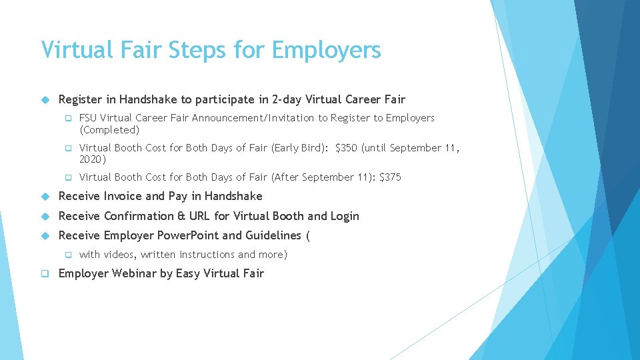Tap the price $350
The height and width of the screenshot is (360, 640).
[347, 148]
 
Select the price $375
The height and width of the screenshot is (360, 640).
[390, 177]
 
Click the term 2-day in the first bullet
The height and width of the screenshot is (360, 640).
[287, 100]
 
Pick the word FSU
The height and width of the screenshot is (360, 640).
[88, 118]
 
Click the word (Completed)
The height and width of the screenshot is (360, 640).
[109, 130]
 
